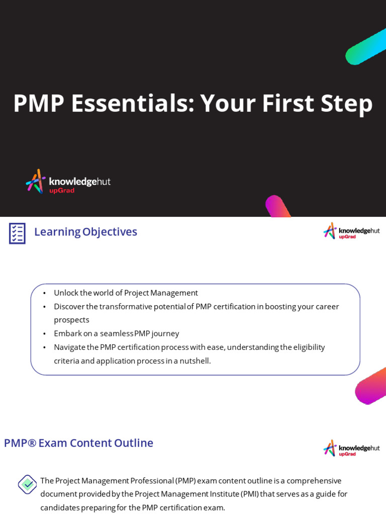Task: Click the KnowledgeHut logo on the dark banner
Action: tap(68, 181)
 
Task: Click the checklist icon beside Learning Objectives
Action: tap(17, 233)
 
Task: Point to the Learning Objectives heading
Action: tap(85, 232)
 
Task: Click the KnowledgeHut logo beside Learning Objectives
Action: tap(351, 231)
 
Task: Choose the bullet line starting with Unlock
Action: tap(126, 293)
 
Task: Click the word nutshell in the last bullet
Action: tap(195, 360)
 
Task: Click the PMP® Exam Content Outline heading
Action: tap(78, 443)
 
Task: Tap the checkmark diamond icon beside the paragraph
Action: tap(27, 484)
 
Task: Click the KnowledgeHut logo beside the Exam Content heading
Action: tap(351, 448)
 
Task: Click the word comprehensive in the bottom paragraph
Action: tap(314, 480)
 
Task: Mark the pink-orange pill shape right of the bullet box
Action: tap(372, 386)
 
